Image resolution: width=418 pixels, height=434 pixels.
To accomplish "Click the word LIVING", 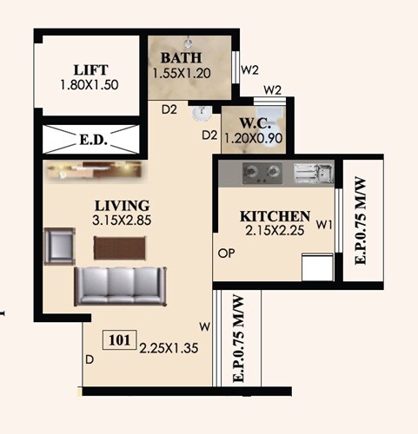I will coord(122,205).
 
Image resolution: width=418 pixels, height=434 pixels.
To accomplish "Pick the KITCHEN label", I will coord(275,215).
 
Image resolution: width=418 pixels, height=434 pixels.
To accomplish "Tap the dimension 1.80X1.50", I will coord(89,85).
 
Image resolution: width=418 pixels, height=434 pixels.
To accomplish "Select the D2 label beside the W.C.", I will coord(209,135).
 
